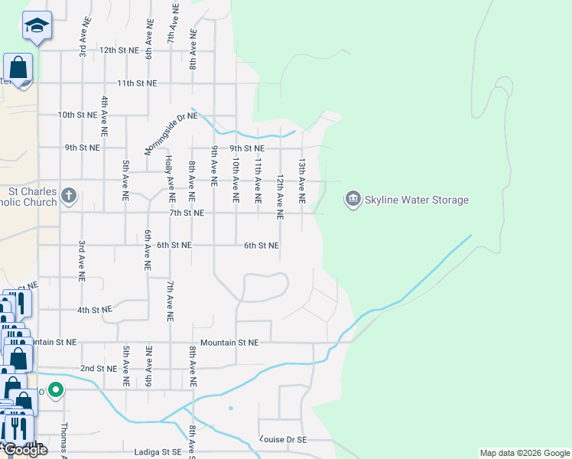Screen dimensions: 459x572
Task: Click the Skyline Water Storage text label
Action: pyautogui.click(x=417, y=200)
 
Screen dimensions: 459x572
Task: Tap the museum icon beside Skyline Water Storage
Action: pyautogui.click(x=353, y=199)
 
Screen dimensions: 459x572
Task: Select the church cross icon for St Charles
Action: pyautogui.click(x=68, y=195)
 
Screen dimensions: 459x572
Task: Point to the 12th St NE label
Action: pyautogui.click(x=119, y=50)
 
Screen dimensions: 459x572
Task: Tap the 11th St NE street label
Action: pyautogui.click(x=137, y=83)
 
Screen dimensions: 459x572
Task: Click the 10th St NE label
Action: pyautogui.click(x=78, y=115)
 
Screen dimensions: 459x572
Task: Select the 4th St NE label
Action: pyautogui.click(x=94, y=310)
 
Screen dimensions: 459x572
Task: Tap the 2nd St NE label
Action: pyautogui.click(x=99, y=368)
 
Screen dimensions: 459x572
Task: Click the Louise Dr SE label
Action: pyautogui.click(x=284, y=440)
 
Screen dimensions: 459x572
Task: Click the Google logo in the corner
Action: pyautogui.click(x=25, y=450)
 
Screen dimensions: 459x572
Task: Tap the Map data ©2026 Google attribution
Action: pyautogui.click(x=524, y=453)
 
